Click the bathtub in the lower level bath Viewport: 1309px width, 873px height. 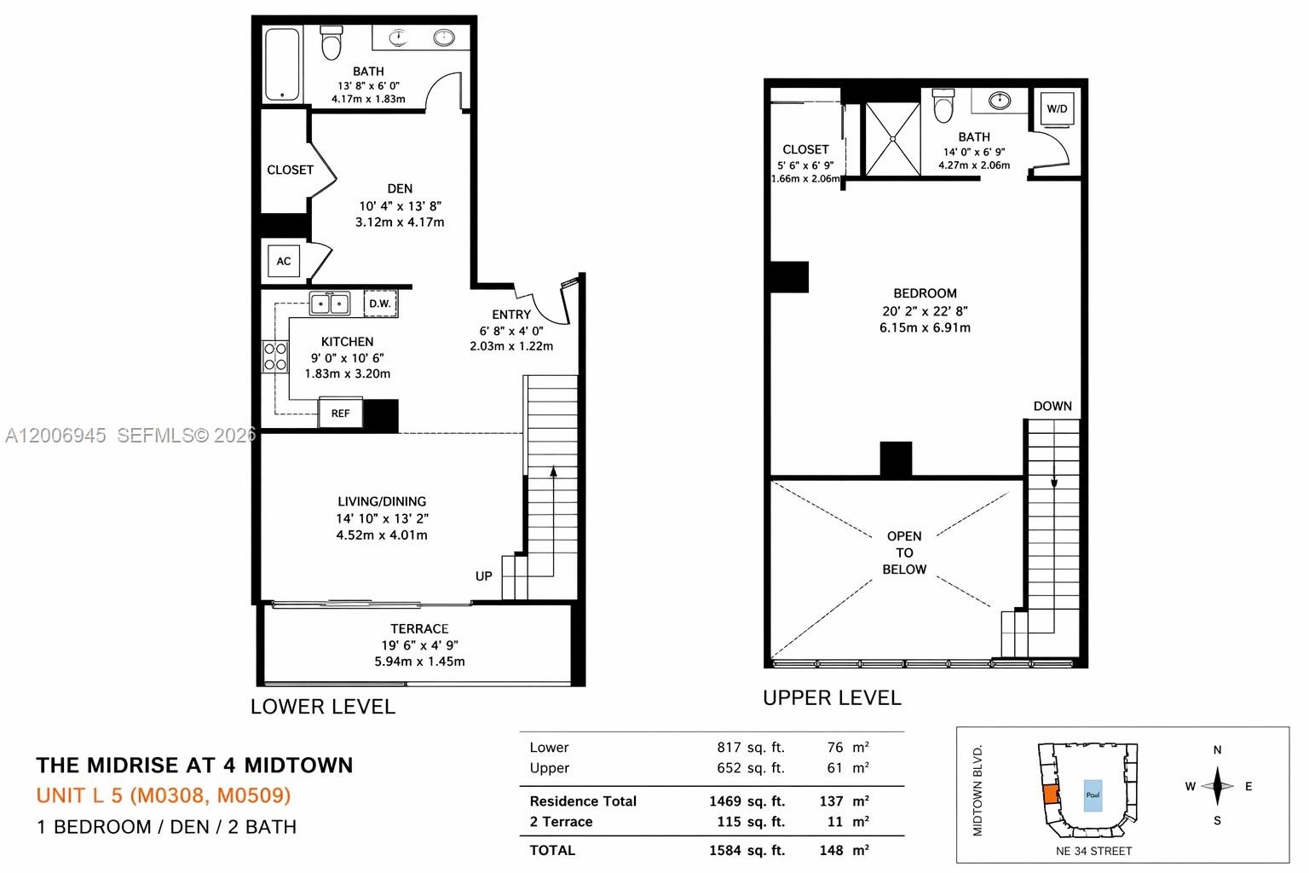click(282, 65)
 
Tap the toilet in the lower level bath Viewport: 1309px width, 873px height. click(331, 43)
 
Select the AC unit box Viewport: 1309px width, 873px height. click(284, 261)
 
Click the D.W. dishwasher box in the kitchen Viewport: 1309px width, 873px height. click(380, 304)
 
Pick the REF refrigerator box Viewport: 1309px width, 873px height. click(340, 413)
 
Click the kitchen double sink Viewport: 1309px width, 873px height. click(330, 303)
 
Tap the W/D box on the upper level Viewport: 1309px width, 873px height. click(1057, 109)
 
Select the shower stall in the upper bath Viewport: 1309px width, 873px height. click(892, 138)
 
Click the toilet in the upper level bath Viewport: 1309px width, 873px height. click(943, 106)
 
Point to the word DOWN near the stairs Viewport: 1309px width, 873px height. click(1052, 406)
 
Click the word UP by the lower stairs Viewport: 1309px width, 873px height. click(483, 576)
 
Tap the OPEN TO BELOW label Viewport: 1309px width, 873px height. click(904, 552)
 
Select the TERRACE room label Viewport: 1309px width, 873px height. click(419, 628)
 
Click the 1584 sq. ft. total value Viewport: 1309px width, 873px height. click(747, 850)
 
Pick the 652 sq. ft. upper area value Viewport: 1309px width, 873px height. click(750, 768)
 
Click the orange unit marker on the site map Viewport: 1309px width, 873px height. click(1050, 795)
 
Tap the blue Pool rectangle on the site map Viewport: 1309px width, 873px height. click(1093, 795)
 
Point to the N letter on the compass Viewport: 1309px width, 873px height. click(1217, 750)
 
